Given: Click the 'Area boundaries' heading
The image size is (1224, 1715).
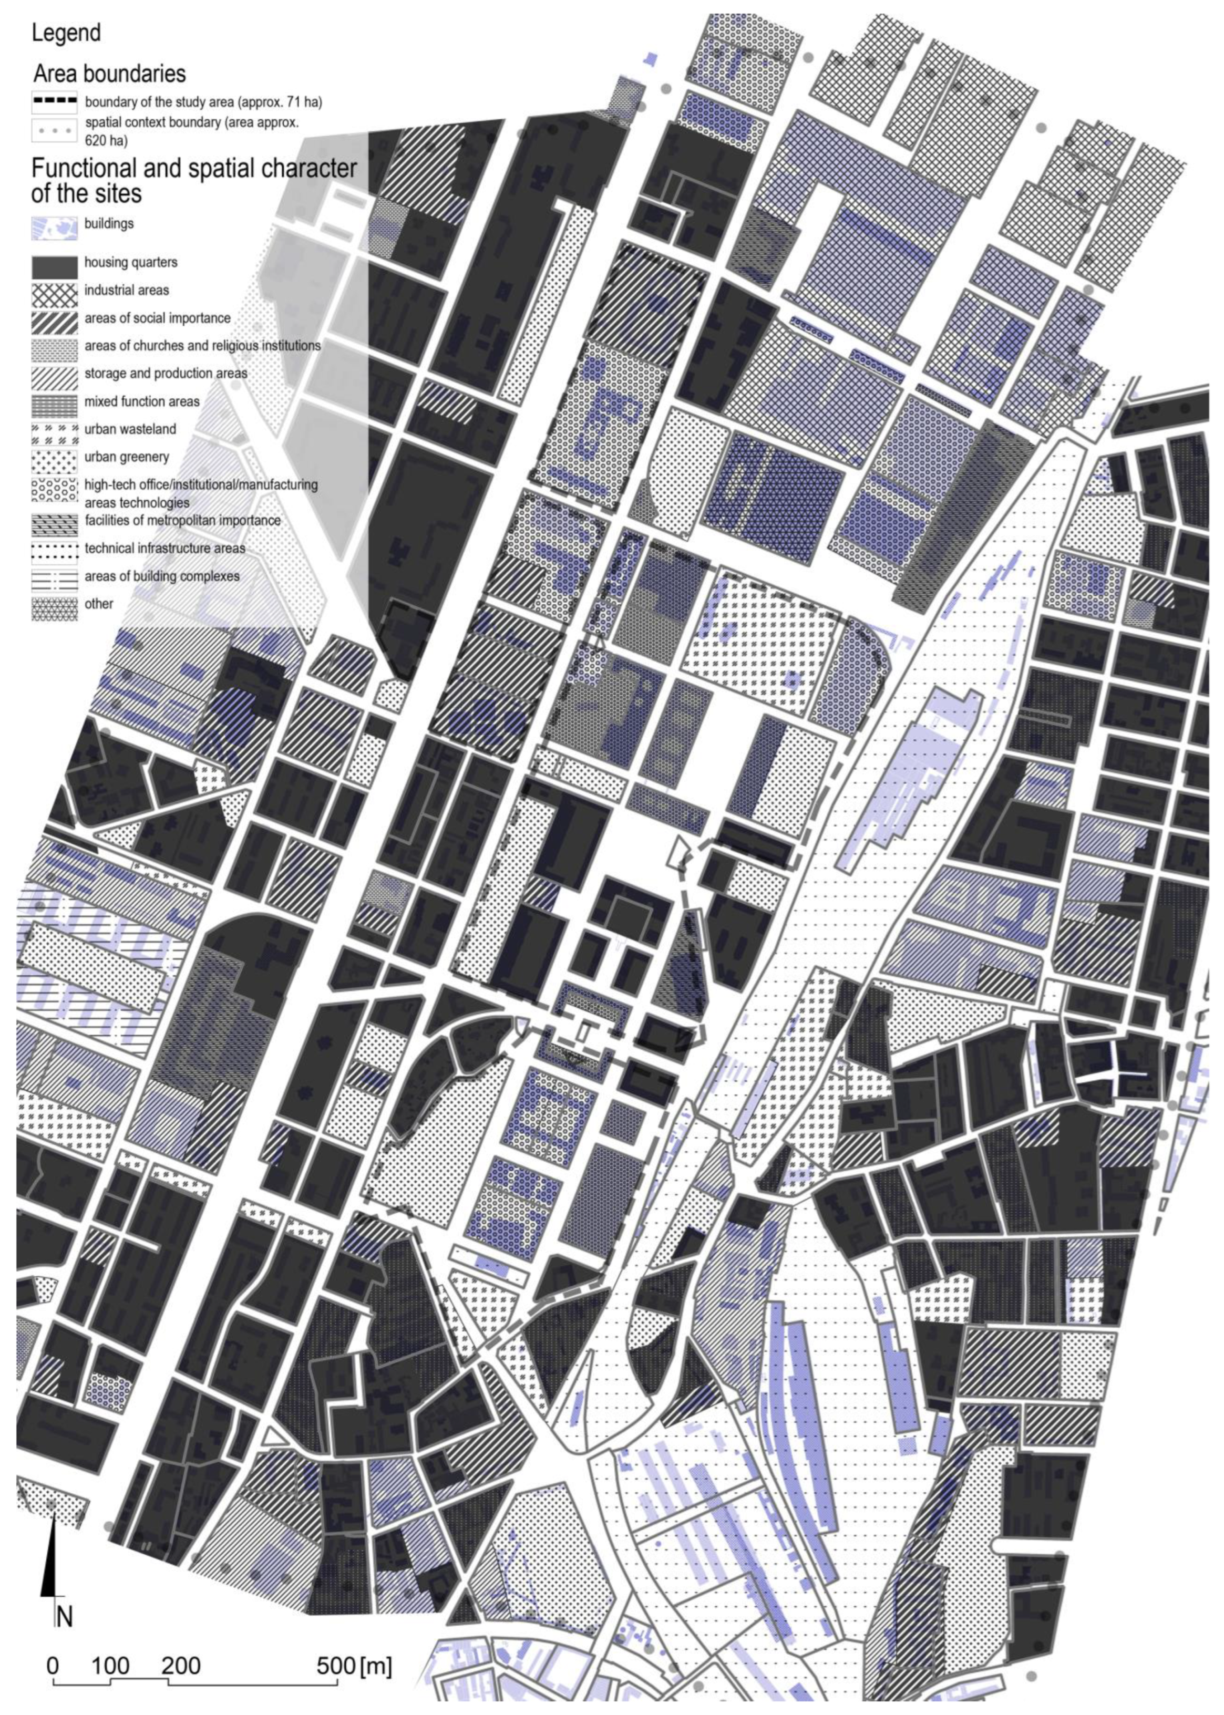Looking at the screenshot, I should coord(109,74).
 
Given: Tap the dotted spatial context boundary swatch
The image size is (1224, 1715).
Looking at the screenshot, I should coord(54,130).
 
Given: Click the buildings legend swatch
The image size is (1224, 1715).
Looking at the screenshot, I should coord(54,228).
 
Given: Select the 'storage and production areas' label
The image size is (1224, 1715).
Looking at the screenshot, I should coord(166,374).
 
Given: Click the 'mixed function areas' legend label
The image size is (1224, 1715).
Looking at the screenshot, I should coord(142,401).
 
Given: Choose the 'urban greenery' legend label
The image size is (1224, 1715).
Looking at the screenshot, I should coord(127,457).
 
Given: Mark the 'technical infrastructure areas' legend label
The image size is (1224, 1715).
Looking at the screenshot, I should coord(164,549).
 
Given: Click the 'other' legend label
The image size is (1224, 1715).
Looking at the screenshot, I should coord(99,604).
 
